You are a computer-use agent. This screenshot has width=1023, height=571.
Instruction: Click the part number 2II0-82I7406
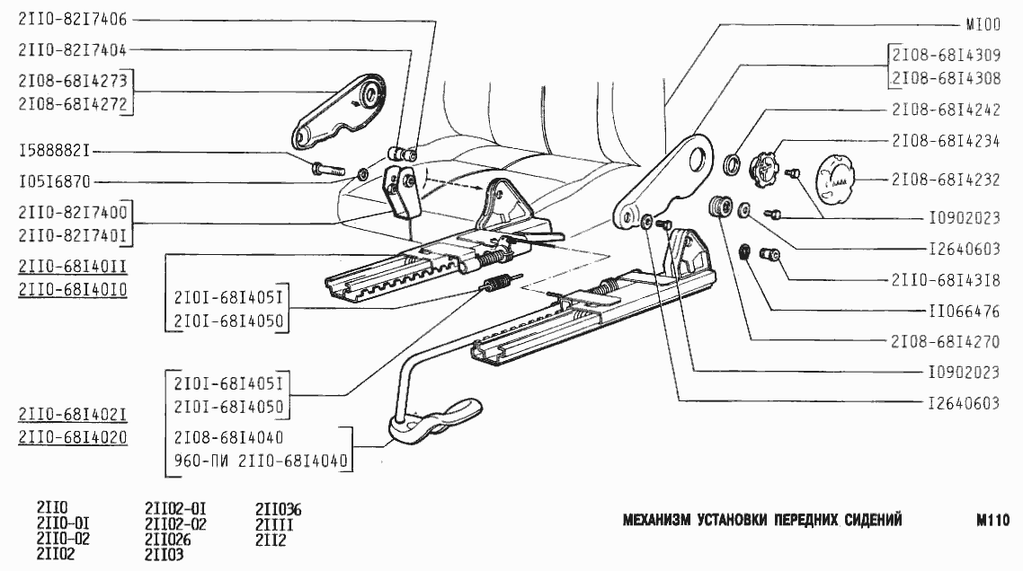click(72, 17)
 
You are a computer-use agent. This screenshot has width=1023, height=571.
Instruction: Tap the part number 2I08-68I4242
click(946, 112)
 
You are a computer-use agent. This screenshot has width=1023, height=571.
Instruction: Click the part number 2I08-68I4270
click(946, 341)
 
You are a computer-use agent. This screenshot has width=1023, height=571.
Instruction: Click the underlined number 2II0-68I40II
click(72, 266)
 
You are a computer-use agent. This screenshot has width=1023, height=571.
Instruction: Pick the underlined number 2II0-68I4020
click(72, 437)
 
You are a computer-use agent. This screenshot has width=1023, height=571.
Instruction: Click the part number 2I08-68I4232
click(946, 180)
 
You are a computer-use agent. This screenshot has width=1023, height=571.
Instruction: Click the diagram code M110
click(992, 520)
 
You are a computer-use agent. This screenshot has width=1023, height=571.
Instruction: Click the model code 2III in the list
click(275, 525)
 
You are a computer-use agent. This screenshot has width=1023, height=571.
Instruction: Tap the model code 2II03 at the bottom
click(164, 555)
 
